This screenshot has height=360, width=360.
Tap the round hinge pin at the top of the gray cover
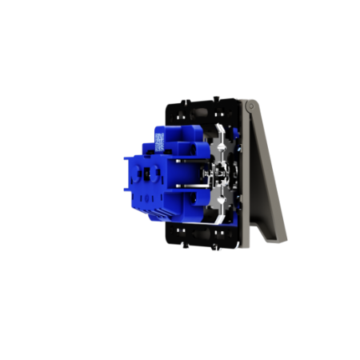[x=250, y=105]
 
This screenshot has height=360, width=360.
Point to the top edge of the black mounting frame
[x=204, y=103]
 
